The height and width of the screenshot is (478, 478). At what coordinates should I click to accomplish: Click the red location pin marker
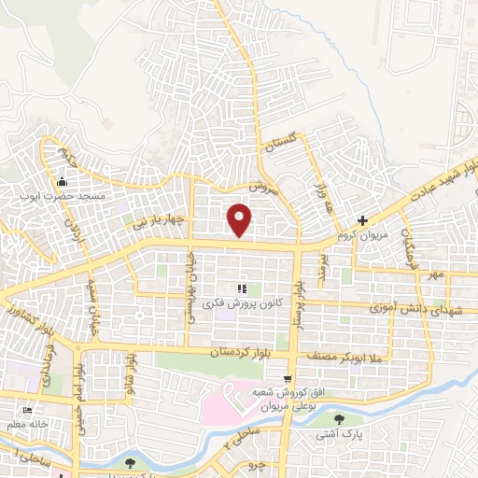240,220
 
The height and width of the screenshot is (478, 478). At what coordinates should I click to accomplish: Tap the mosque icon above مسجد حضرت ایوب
63,181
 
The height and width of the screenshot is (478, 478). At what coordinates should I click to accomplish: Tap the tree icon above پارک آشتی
339,419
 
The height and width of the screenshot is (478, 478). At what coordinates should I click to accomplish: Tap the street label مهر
434,275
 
